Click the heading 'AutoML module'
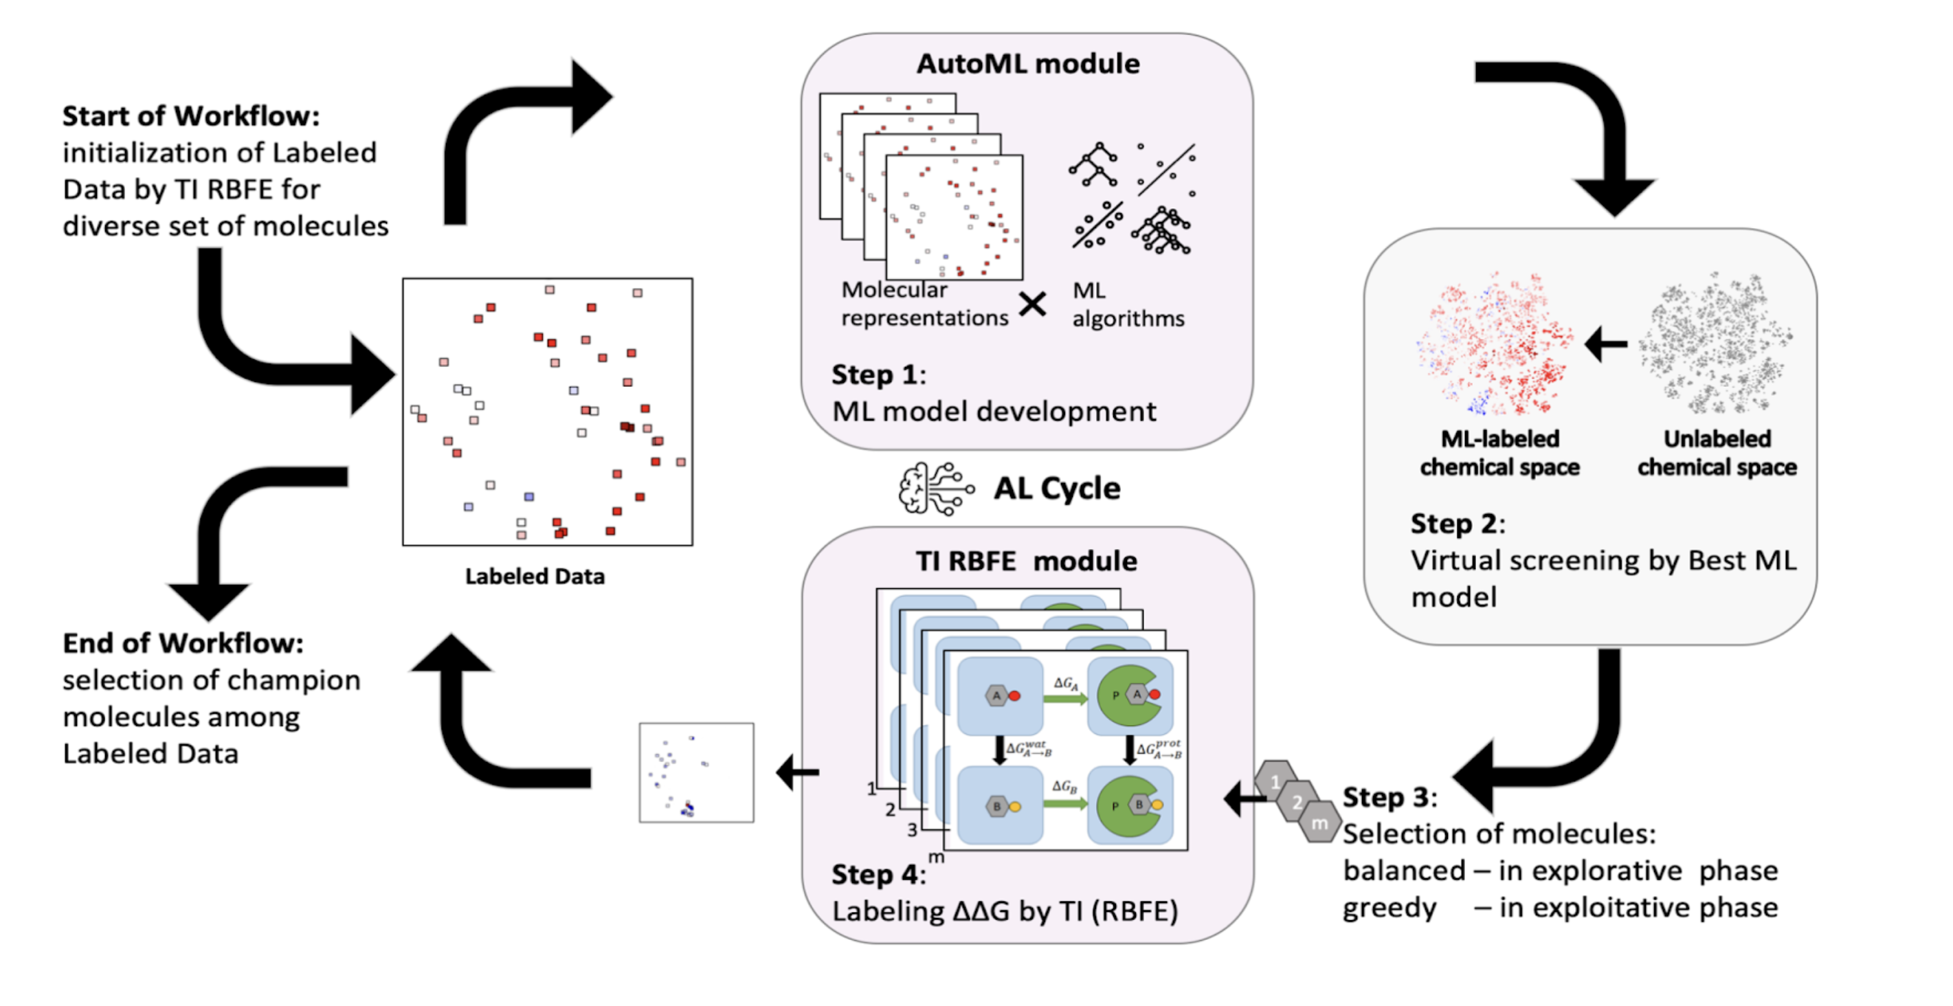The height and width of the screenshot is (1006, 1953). point(1027,64)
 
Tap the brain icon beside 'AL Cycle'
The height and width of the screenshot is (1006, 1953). point(934,489)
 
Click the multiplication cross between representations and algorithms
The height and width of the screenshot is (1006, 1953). point(1033,305)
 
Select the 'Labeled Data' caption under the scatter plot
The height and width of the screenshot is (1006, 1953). point(535,577)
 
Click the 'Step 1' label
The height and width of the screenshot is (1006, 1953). point(877,375)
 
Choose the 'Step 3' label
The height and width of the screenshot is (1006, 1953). point(1388,798)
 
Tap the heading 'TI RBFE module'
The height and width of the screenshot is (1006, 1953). point(1026,562)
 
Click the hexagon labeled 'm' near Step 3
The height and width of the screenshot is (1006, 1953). point(1319,823)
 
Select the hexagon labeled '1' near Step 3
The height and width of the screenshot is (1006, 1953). point(1275,781)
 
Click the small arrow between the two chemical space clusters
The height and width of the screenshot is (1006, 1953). point(1606,345)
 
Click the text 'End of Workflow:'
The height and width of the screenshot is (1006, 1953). point(183,644)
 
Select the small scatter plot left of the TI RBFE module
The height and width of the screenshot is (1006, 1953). point(696,772)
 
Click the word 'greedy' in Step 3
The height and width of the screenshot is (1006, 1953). point(1389,908)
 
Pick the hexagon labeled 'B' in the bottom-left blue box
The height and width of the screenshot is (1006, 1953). point(996,807)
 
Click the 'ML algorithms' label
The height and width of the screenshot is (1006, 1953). point(1128,305)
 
